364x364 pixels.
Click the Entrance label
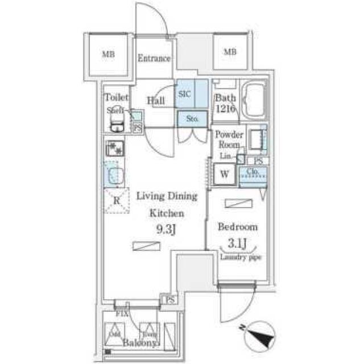coord(154,59)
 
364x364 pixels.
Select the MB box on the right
coord(229,52)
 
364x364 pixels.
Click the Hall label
coord(155,101)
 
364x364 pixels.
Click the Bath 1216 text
coord(225,103)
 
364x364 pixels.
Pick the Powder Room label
coord(229,139)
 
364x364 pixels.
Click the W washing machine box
coord(224,175)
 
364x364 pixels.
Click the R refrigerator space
coord(115,200)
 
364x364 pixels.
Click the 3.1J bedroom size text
coord(238,245)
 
